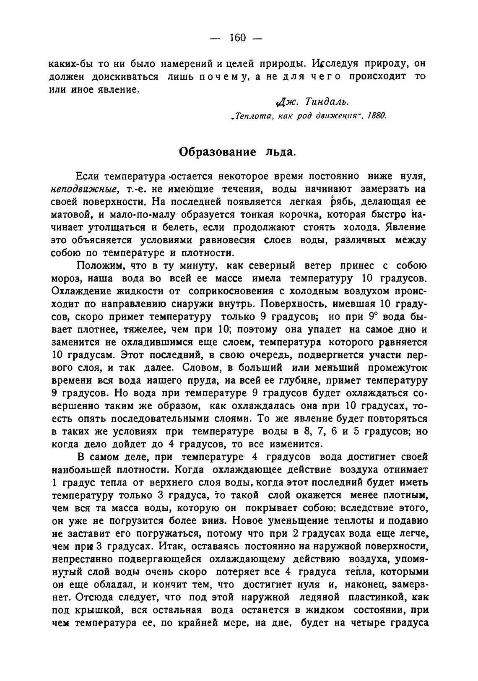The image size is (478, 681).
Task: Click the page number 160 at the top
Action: [237, 38]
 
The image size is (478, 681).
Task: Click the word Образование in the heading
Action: [217, 151]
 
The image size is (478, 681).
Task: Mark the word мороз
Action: [63, 279]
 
